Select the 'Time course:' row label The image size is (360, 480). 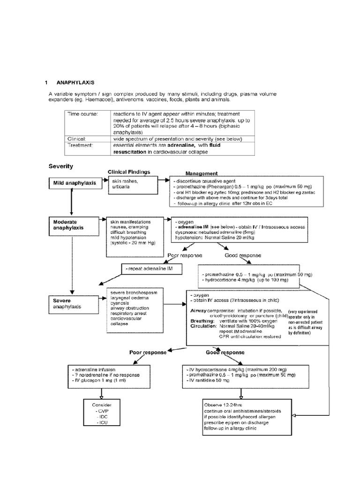click(82, 114)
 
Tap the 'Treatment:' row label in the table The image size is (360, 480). click(81, 146)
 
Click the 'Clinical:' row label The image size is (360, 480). click(78, 139)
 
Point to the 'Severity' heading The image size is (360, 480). click(61, 166)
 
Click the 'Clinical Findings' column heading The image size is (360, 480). click(129, 172)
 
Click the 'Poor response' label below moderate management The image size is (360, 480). click(185, 255)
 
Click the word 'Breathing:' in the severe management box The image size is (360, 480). click(202, 321)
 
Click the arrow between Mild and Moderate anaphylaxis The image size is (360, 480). click(71, 202)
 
